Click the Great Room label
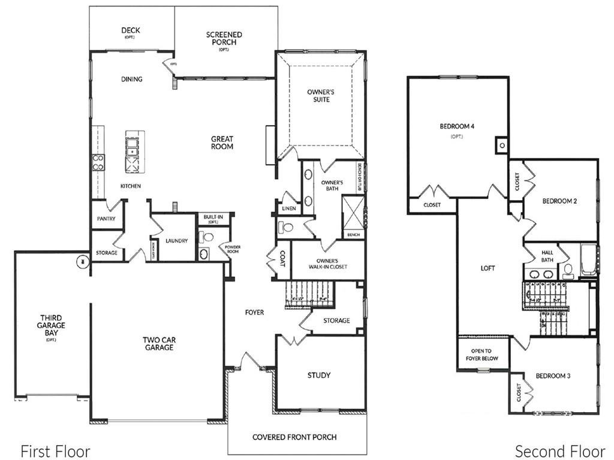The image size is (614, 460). tap(222, 143)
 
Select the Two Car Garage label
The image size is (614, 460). tap(158, 343)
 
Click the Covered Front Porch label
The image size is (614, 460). tap(294, 437)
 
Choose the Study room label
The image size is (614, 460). tap(319, 376)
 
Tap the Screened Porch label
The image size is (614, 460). tap(224, 39)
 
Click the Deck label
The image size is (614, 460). tap(131, 31)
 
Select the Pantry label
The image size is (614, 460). tap(106, 219)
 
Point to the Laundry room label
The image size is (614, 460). tap(177, 241)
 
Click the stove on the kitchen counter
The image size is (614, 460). tap(98, 162)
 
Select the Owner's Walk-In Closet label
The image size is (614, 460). tap(328, 264)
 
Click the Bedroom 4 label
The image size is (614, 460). tap(457, 126)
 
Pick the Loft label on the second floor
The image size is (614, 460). tap(488, 268)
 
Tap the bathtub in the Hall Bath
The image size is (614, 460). tap(588, 261)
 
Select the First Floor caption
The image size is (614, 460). tap(55, 451)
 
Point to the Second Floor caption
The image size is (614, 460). tap(560, 451)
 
